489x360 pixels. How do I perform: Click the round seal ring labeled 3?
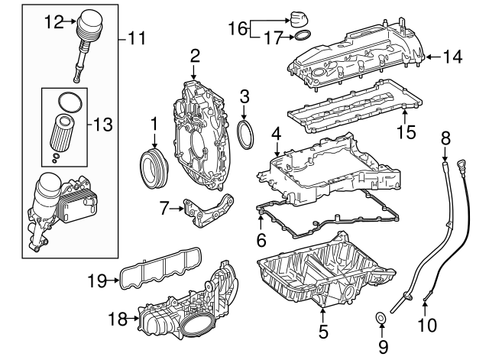pos(244,134)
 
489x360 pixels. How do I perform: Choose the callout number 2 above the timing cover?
pos(195,54)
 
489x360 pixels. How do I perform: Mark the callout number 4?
pos(275,135)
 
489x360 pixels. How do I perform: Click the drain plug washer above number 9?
pos(379,316)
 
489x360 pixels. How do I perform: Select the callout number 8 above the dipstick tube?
pos(445,138)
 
